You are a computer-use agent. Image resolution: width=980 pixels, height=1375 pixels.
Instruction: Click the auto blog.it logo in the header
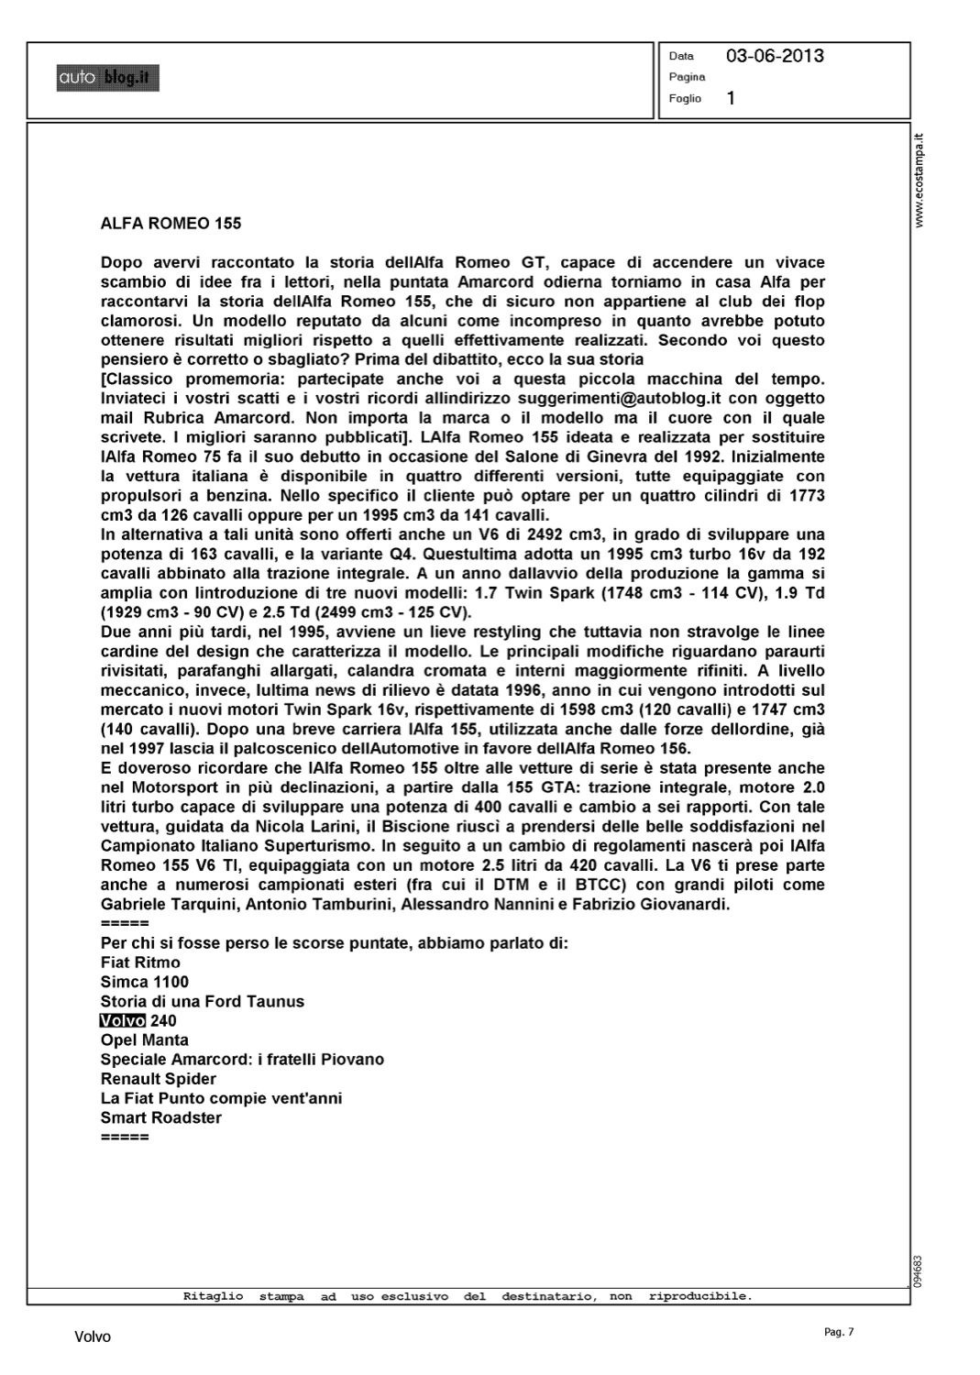[107, 79]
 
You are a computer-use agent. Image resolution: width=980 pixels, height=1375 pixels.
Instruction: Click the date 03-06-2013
[775, 56]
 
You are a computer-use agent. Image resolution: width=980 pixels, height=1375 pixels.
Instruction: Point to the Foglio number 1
[731, 98]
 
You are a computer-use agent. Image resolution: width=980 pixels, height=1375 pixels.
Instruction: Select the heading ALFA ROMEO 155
[171, 223]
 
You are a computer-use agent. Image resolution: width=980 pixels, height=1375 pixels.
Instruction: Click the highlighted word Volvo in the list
[123, 1021]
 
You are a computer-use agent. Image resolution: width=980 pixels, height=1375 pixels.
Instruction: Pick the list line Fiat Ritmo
[140, 962]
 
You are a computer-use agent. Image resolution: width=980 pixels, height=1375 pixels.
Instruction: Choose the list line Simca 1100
[145, 982]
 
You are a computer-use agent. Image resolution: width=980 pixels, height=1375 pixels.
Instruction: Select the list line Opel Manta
[145, 1040]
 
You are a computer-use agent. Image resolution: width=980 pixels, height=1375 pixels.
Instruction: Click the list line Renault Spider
[159, 1079]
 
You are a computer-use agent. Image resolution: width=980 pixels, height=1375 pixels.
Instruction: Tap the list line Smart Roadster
[161, 1117]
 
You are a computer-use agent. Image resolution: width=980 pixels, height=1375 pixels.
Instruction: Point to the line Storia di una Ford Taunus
[203, 1002]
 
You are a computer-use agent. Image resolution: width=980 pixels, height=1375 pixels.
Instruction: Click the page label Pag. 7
[839, 1332]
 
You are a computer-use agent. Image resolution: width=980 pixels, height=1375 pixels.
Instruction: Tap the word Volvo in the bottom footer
[93, 1337]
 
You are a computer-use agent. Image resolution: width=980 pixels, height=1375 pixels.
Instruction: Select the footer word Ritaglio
[213, 1296]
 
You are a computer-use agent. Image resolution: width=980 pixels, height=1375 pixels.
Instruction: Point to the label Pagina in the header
[687, 77]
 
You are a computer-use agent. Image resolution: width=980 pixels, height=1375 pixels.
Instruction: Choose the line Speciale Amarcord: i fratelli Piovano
[242, 1060]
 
